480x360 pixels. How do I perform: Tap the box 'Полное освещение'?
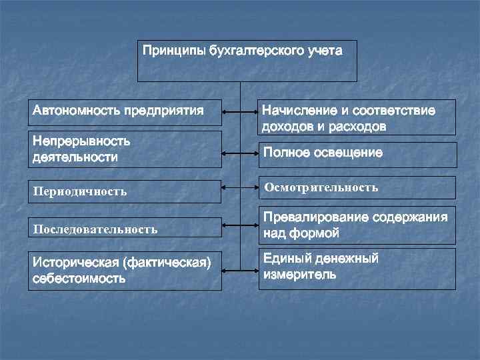[x=357, y=154]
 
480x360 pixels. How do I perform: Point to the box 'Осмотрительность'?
[x=357, y=187]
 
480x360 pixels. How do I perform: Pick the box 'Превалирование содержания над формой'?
[x=357, y=225]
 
